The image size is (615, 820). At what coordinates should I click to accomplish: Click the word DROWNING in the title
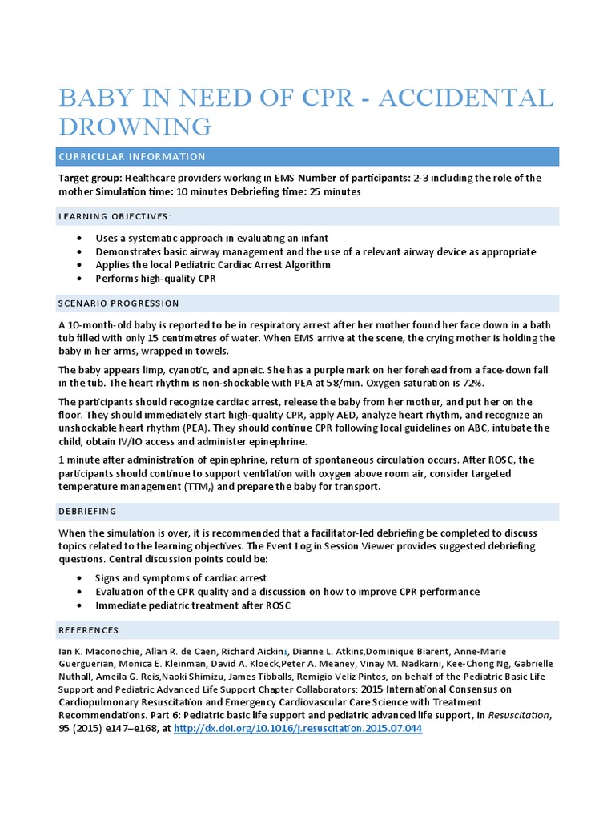(x=135, y=127)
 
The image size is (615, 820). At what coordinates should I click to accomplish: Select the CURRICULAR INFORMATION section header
(x=132, y=157)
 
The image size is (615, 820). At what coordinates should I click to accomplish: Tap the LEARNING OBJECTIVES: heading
(x=115, y=217)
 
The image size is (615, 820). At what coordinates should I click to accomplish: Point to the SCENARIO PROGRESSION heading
(x=119, y=303)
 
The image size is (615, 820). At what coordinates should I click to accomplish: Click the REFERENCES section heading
(x=89, y=630)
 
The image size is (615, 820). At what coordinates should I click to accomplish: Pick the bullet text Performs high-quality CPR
(x=155, y=279)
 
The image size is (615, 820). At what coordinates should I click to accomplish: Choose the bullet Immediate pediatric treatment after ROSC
(x=193, y=605)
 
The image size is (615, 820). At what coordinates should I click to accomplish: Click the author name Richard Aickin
(x=256, y=652)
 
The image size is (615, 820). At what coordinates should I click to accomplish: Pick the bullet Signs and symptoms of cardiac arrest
(x=181, y=578)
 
